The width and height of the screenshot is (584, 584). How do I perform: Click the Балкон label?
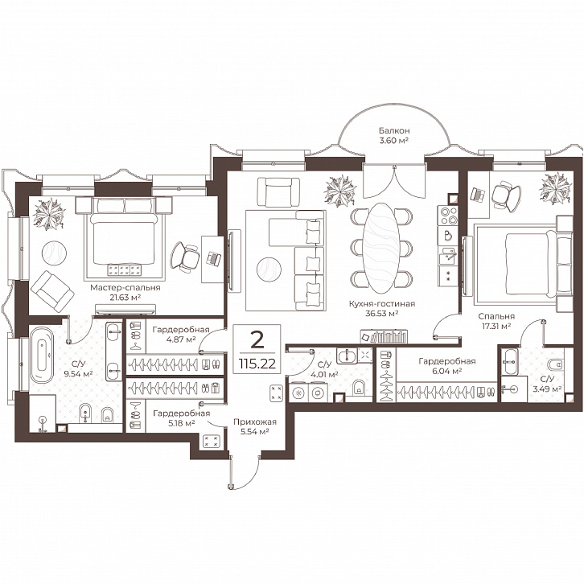tap(394, 131)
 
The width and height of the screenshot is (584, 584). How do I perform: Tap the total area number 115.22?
tap(257, 363)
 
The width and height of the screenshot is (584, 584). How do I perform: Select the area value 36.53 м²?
tap(382, 314)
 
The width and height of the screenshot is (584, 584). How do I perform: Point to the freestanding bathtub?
tap(42, 355)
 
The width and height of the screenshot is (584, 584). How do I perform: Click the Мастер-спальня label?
tap(125, 287)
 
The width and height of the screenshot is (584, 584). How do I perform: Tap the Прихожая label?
tap(255, 422)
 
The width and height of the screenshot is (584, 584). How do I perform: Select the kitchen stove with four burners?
tap(448, 216)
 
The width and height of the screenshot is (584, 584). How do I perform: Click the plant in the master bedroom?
tap(49, 214)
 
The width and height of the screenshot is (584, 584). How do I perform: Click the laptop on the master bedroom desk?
tap(214, 259)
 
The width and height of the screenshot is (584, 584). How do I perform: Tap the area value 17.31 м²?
tap(494, 327)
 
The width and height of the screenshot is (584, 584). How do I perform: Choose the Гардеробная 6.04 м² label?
tap(447, 366)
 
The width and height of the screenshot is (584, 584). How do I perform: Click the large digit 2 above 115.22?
tap(257, 340)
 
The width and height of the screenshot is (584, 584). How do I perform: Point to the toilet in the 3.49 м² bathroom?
tap(556, 364)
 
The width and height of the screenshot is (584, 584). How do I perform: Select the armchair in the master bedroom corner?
tap(52, 291)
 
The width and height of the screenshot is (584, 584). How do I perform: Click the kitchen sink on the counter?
tap(448, 256)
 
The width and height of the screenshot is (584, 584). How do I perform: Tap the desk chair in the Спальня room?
tap(506, 194)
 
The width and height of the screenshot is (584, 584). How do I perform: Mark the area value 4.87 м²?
tap(180, 339)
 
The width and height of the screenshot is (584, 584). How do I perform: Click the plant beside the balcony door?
tap(340, 191)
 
